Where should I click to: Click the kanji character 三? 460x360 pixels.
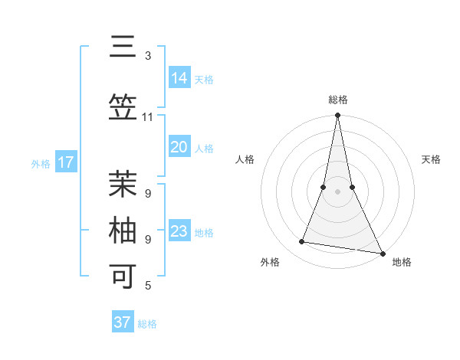click(123, 47)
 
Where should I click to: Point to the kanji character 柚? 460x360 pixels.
click(123, 231)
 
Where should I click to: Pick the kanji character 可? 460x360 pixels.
click(123, 276)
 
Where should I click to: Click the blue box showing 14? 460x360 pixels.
click(179, 78)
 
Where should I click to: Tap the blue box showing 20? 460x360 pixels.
click(179, 147)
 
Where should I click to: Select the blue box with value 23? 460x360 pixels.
click(179, 231)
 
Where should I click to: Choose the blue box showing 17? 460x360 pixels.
click(65, 162)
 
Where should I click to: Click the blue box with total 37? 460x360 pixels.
click(122, 322)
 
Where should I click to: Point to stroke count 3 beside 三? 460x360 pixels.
click(148, 56)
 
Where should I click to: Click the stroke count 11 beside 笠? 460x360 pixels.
click(148, 117)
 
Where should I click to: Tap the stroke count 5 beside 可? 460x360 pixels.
click(148, 286)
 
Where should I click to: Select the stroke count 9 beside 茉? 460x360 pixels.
click(148, 193)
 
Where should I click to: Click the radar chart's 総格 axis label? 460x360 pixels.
click(338, 100)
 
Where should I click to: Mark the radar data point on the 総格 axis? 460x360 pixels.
click(337, 116)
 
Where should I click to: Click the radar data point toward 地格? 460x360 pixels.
click(382, 252)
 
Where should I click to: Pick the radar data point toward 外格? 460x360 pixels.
click(302, 242)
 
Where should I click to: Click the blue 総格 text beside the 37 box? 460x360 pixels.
click(147, 324)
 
